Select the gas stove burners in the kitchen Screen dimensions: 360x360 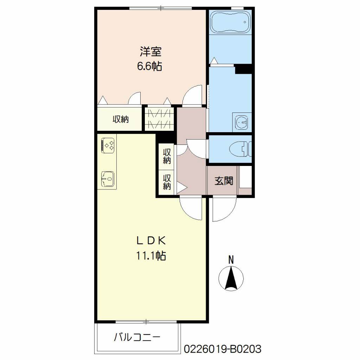[x=108, y=145]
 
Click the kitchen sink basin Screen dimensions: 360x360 [x=108, y=179]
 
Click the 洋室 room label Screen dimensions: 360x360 [x=150, y=52]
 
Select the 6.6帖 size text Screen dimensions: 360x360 [x=149, y=66]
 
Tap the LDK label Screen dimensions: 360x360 [x=151, y=240]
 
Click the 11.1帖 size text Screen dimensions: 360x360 [x=151, y=255]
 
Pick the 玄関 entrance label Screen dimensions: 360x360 [x=224, y=181]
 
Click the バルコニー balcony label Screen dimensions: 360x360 [x=137, y=337]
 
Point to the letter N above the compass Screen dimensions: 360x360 [x=231, y=260]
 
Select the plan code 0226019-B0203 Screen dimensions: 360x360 [x=223, y=349]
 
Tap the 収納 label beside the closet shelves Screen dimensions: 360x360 [x=121, y=119]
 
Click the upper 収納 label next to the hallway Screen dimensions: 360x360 [x=167, y=156]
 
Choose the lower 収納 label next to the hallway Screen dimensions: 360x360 [x=167, y=182]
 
